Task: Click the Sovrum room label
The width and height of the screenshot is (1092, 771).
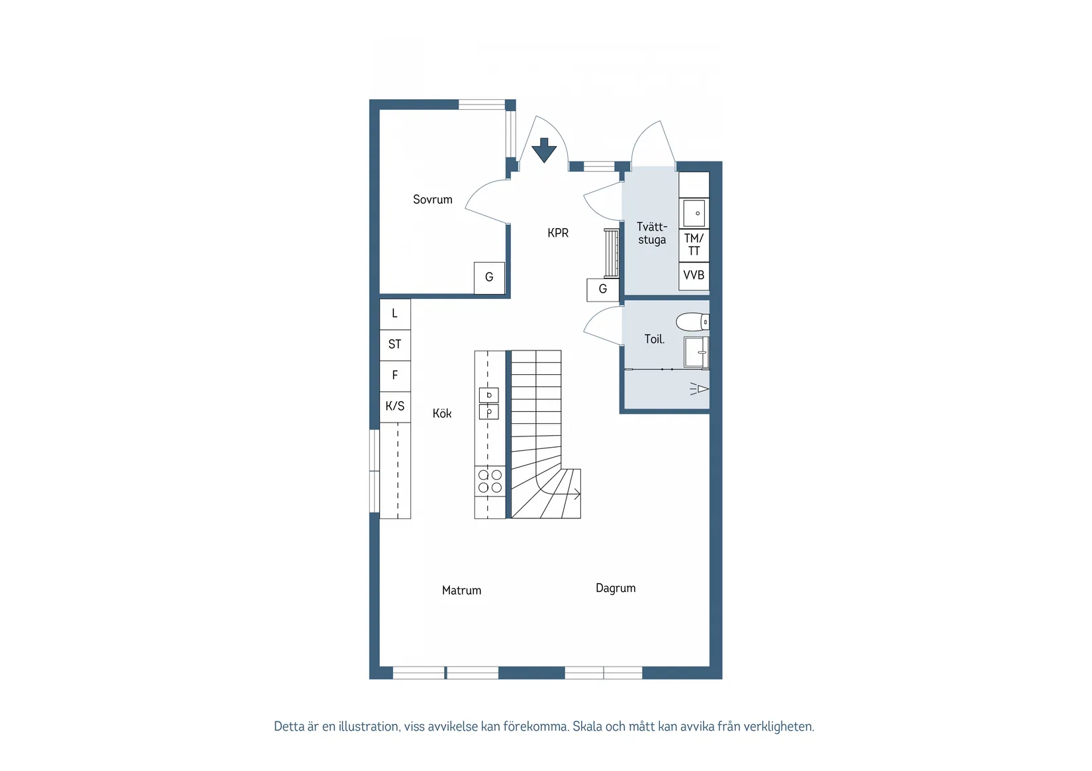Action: (x=433, y=200)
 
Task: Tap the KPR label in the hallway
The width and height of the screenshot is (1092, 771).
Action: (x=558, y=233)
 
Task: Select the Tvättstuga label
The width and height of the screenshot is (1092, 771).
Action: (x=652, y=233)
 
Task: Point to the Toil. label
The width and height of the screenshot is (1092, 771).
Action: (x=654, y=339)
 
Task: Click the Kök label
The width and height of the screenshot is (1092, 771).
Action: (x=442, y=413)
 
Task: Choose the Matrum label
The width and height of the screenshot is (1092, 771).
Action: (x=461, y=590)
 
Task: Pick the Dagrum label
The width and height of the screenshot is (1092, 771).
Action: (x=615, y=588)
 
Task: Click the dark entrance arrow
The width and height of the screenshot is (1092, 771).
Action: (x=544, y=150)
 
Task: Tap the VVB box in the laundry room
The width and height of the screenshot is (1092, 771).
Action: (x=694, y=276)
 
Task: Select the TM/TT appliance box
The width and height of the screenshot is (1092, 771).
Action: (x=694, y=245)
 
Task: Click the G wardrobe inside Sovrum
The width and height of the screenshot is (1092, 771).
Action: (x=489, y=278)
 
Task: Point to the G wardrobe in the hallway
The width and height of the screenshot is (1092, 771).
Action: (x=602, y=290)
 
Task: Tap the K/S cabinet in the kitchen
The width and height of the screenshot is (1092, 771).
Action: (x=395, y=406)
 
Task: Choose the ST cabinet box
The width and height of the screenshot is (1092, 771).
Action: (x=395, y=345)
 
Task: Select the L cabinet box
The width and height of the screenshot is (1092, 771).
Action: (x=395, y=314)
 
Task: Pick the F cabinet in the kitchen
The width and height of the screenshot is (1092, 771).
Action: (x=395, y=376)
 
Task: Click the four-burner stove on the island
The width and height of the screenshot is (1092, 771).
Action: (x=490, y=481)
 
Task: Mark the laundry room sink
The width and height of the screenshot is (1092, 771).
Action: (x=694, y=214)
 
